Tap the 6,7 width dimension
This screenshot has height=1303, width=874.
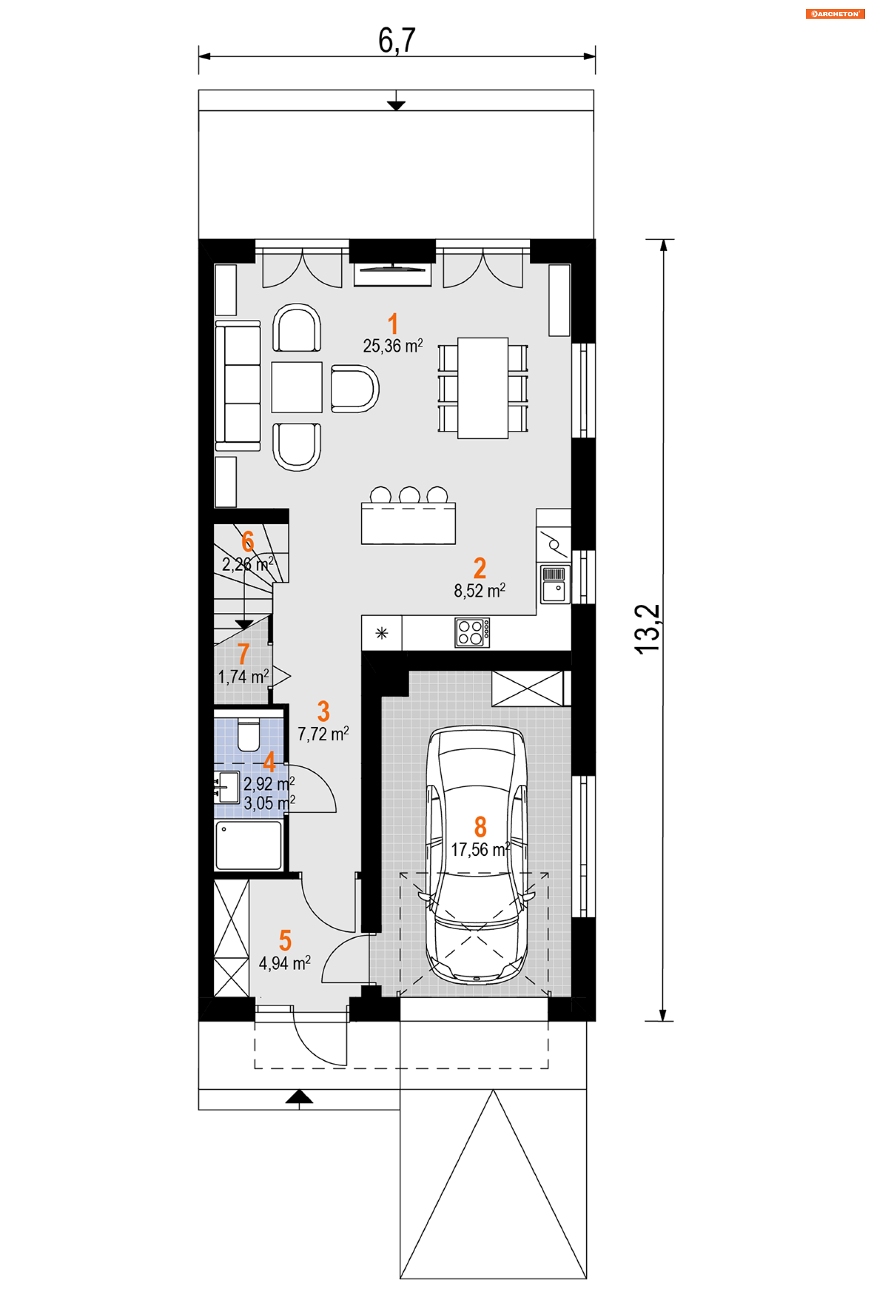point(397,41)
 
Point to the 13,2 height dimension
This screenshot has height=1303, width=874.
point(647,629)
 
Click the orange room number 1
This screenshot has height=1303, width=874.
point(393,323)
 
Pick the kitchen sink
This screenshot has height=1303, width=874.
point(556,584)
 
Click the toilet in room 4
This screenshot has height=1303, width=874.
point(249,736)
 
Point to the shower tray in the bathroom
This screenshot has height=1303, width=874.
point(249,845)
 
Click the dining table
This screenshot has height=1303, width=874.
point(483,388)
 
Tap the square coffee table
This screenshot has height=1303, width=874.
point(296,387)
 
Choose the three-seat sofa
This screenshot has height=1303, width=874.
point(238,385)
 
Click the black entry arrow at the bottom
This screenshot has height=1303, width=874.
point(300,1097)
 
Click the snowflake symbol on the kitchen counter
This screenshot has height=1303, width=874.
point(382,633)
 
